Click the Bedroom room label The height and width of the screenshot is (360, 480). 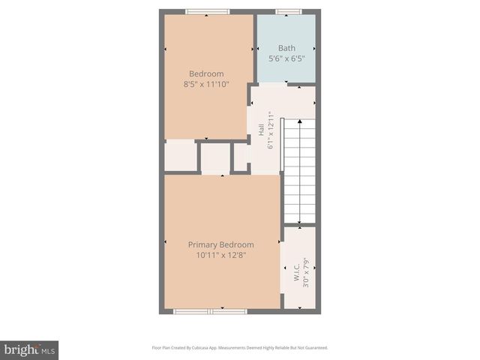206,73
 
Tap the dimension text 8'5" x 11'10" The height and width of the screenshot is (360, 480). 206,85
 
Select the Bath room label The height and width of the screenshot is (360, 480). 286,48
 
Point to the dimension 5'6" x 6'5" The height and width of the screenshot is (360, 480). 286,59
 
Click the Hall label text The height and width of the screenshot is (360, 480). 260,130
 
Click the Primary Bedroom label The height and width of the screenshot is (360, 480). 220,244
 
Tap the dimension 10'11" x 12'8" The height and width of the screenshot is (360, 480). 220,256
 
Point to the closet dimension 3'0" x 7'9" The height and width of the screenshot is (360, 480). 306,274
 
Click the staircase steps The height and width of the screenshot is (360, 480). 300,172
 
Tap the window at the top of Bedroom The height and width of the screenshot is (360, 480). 207,12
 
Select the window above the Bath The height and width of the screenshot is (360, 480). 288,12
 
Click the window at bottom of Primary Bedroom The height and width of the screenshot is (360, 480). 210,310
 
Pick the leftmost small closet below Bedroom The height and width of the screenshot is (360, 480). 180,156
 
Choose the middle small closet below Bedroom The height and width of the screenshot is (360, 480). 215,158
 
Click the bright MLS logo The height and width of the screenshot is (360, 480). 29,349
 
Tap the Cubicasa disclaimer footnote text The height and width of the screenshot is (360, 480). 239,348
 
